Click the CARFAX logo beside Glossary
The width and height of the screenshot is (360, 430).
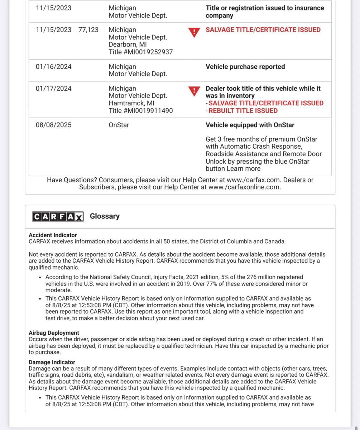(x=58, y=216)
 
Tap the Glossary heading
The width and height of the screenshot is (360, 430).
(x=105, y=216)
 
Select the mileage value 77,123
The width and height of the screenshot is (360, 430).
(x=88, y=30)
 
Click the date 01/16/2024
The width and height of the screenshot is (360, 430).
(x=53, y=67)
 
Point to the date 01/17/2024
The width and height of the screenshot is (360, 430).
(x=53, y=89)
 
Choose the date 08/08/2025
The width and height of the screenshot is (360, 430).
(x=53, y=125)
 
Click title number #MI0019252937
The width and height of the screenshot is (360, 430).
(x=141, y=52)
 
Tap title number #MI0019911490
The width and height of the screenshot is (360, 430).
(x=141, y=111)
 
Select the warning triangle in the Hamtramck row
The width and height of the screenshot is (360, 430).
(x=194, y=91)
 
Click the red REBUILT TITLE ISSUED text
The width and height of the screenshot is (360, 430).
(x=243, y=111)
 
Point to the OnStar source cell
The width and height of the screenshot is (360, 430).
(x=119, y=125)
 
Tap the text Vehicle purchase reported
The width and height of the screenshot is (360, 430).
(x=245, y=67)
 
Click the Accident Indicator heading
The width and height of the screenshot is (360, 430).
(x=53, y=235)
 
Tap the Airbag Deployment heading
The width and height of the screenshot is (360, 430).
(x=54, y=333)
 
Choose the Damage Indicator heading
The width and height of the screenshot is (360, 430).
(x=52, y=362)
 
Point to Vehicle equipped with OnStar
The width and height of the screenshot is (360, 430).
(x=250, y=125)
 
